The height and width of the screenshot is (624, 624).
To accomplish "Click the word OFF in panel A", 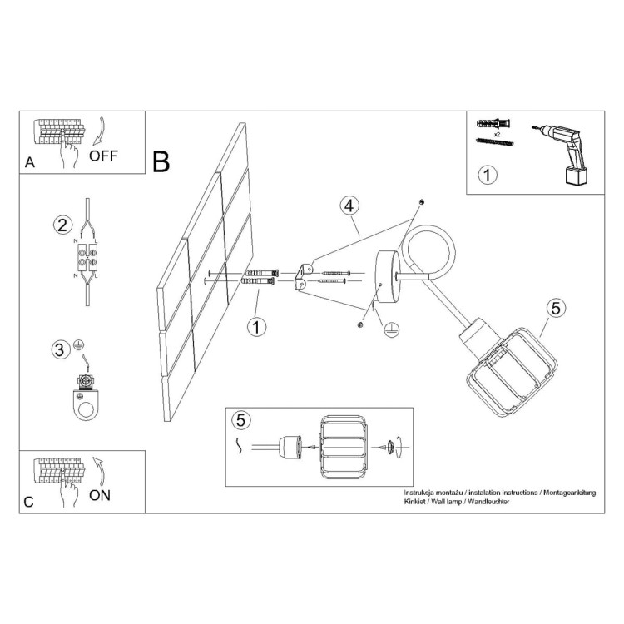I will [104, 156].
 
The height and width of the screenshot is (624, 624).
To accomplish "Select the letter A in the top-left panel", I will [30, 163].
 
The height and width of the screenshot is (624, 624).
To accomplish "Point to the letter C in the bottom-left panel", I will [29, 502].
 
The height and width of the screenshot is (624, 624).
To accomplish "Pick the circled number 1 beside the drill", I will [488, 176].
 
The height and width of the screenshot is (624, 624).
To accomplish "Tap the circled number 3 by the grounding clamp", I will [59, 349].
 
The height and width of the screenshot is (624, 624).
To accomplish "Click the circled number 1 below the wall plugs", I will [257, 327].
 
